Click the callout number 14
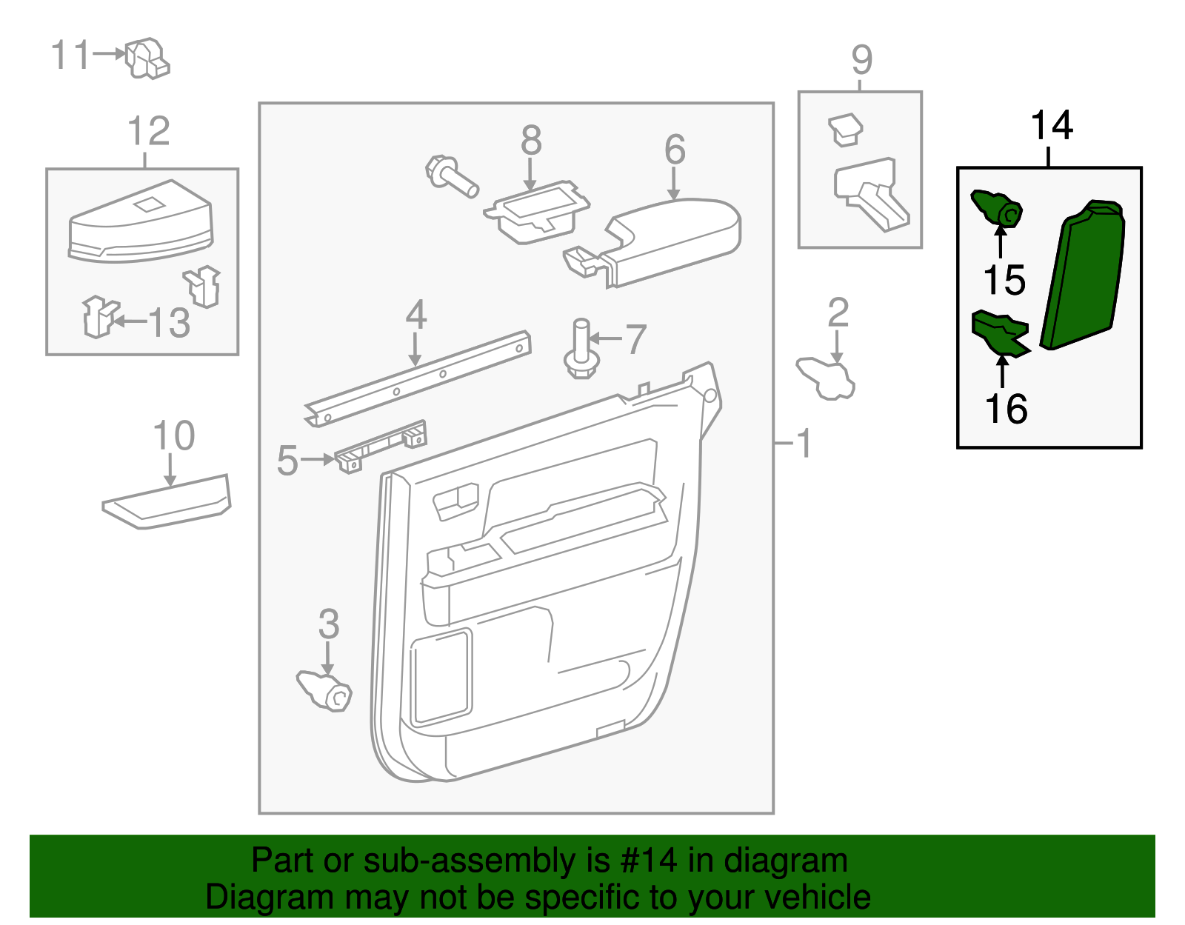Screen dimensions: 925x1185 point(1051,126)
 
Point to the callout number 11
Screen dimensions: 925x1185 point(70,56)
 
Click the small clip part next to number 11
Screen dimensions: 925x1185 point(147,58)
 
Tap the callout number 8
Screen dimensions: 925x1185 point(531,140)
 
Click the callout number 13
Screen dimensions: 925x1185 point(170,323)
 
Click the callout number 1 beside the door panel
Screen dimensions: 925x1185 point(804,444)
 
